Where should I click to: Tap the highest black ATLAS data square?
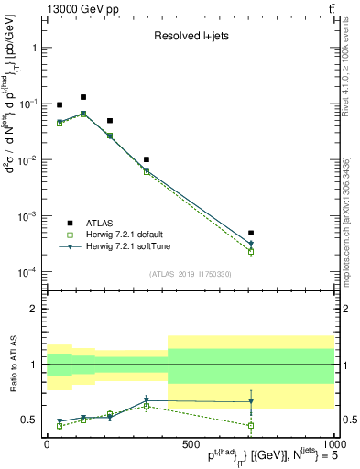83,97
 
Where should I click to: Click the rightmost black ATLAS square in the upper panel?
251,234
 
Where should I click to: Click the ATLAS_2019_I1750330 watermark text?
190,274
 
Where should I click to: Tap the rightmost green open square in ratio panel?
251,426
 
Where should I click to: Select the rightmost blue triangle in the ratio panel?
251,402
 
